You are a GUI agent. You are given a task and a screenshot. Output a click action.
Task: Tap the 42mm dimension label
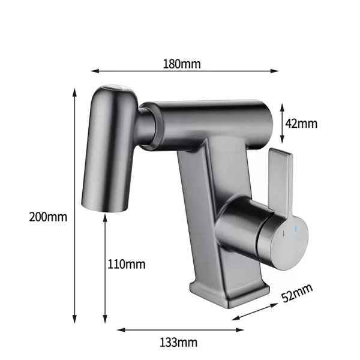[301, 124]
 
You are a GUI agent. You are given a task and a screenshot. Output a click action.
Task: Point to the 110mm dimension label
[126, 263]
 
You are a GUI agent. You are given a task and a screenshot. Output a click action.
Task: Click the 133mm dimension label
[178, 342]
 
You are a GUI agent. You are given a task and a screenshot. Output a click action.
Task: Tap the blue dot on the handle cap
[295, 229]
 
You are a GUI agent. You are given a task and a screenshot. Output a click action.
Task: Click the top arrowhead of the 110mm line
[105, 217]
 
